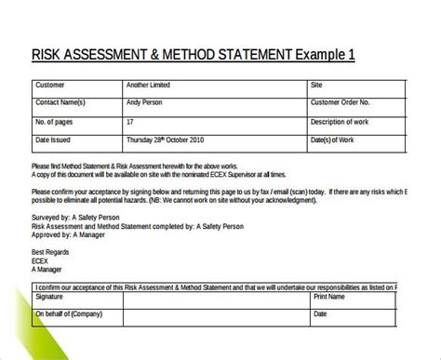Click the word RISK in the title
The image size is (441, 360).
point(47,55)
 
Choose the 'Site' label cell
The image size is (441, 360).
point(317,85)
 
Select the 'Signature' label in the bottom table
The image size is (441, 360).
point(53,300)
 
